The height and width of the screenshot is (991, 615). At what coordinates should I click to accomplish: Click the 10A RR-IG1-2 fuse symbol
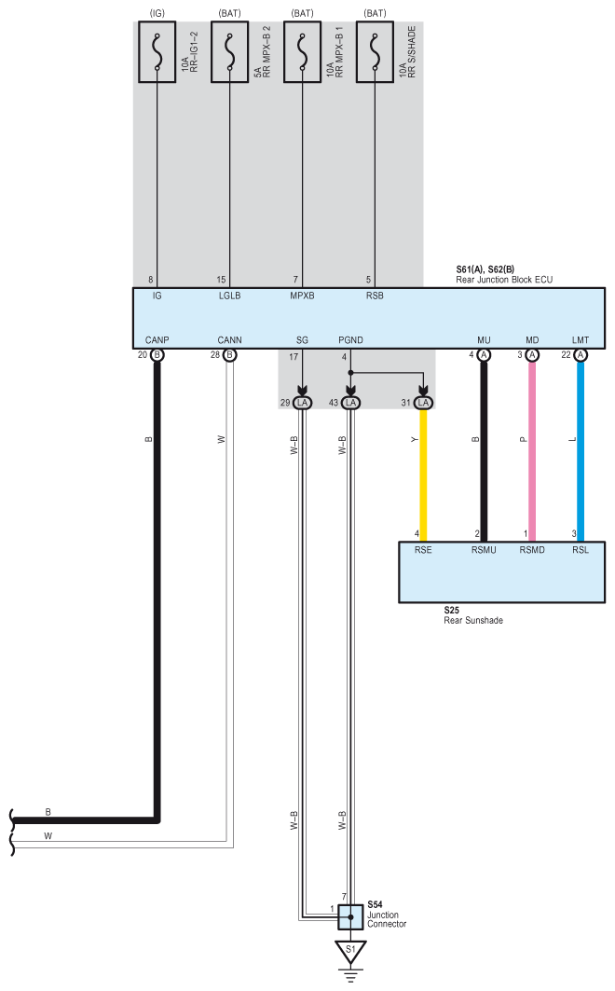pos(157,51)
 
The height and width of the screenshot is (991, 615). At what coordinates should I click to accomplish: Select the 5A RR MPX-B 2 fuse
pos(230,51)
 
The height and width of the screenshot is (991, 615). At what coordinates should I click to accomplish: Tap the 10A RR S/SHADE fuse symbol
pos(375,51)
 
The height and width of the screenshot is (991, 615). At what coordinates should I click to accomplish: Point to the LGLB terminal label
pos(230,296)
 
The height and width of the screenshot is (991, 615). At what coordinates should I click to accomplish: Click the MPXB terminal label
pos(303,296)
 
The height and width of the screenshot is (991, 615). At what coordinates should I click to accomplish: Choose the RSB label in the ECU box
pos(375,296)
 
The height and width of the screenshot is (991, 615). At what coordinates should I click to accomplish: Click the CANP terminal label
pos(156,339)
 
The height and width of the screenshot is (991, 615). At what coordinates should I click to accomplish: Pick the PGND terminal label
pos(351,339)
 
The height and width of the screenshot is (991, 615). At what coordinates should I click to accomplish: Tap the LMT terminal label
pos(581,339)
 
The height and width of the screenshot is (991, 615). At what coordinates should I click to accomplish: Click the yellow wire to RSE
pos(425,466)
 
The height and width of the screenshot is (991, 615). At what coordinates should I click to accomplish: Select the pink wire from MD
pos(532,447)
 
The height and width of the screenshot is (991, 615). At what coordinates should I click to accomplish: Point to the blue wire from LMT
pos(581,447)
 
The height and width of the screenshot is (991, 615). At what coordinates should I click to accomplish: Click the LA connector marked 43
pos(351,402)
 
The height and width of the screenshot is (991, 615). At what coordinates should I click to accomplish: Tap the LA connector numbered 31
pos(424,402)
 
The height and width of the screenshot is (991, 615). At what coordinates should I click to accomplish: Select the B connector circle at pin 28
pos(230,355)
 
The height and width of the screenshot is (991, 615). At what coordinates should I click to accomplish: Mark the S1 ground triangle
pos(350,951)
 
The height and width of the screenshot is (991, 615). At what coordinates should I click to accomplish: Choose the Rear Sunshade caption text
pos(473,620)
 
